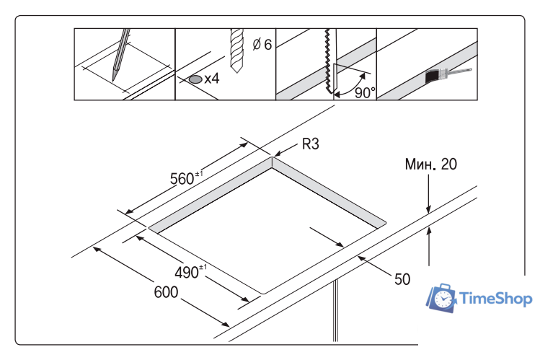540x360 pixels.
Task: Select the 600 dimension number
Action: click(x=167, y=292)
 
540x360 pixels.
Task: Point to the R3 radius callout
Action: click(x=310, y=144)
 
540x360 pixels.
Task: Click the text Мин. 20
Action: click(x=430, y=164)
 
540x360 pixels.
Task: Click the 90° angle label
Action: click(x=365, y=92)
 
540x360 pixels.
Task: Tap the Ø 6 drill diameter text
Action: click(x=262, y=45)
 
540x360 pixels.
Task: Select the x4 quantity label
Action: click(x=211, y=79)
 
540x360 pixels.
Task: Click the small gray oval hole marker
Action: click(x=195, y=79)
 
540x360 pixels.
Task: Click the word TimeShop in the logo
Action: click(x=495, y=298)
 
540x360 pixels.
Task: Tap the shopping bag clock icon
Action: click(x=443, y=298)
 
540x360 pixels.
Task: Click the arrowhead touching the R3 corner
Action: click(x=278, y=154)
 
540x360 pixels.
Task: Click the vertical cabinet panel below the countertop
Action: click(x=335, y=310)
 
